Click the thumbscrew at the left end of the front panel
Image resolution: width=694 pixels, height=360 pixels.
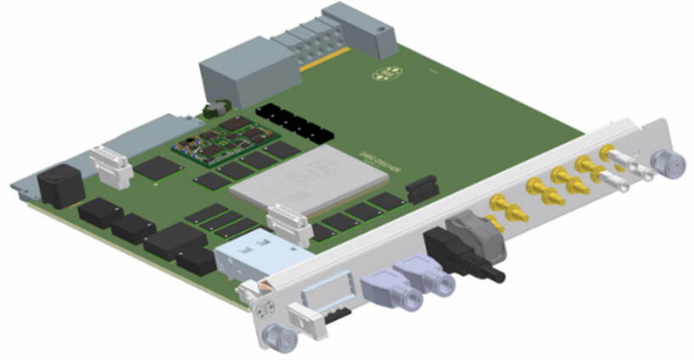click(x=276, y=336)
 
